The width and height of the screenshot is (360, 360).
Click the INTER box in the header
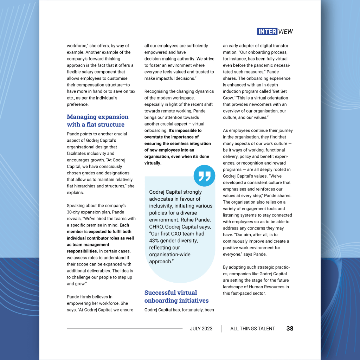267,31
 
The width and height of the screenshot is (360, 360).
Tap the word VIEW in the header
285,31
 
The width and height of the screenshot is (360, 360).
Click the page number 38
290,328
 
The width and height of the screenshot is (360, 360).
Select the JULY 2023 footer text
201,329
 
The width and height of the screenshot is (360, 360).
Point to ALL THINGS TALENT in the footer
252,329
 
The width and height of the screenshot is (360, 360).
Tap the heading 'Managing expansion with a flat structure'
98,121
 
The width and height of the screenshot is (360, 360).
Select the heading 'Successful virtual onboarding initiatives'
176,296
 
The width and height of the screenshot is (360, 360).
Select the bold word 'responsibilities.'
83,251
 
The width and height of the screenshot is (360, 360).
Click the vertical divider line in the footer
221,329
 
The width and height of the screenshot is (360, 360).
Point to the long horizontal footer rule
125,329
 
